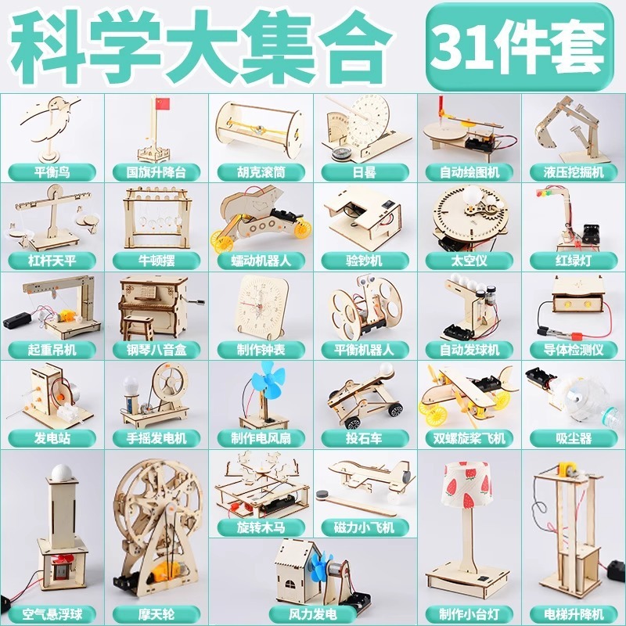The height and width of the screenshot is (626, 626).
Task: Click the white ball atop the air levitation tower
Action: pyautogui.click(x=60, y=472)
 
